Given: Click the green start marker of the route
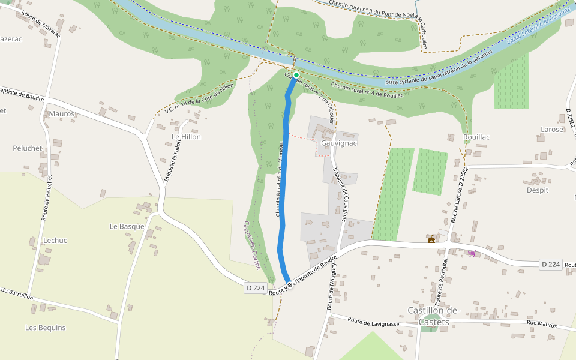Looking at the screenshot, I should tap(296, 75).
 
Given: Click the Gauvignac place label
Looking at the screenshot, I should tap(340, 144).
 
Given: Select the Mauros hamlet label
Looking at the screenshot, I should tap(61, 113).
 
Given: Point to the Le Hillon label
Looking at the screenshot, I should tap(186, 137).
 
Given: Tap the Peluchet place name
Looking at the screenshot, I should tap(28, 148).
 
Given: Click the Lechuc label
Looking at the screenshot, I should tap(55, 241).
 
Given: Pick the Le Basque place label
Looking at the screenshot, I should tap(127, 226).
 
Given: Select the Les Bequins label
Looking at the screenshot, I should tap(45, 328).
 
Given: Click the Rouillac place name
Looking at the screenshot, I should tap(476, 137).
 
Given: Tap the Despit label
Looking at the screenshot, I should tap(537, 190).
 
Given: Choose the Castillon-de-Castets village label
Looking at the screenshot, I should tap(433, 316).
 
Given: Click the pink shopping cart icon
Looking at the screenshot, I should tap(472, 253).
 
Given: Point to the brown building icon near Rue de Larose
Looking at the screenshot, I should tap(431, 239).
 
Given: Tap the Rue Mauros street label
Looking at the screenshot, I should tap(542, 325).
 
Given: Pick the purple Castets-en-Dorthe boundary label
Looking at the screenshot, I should tap(252, 245).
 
